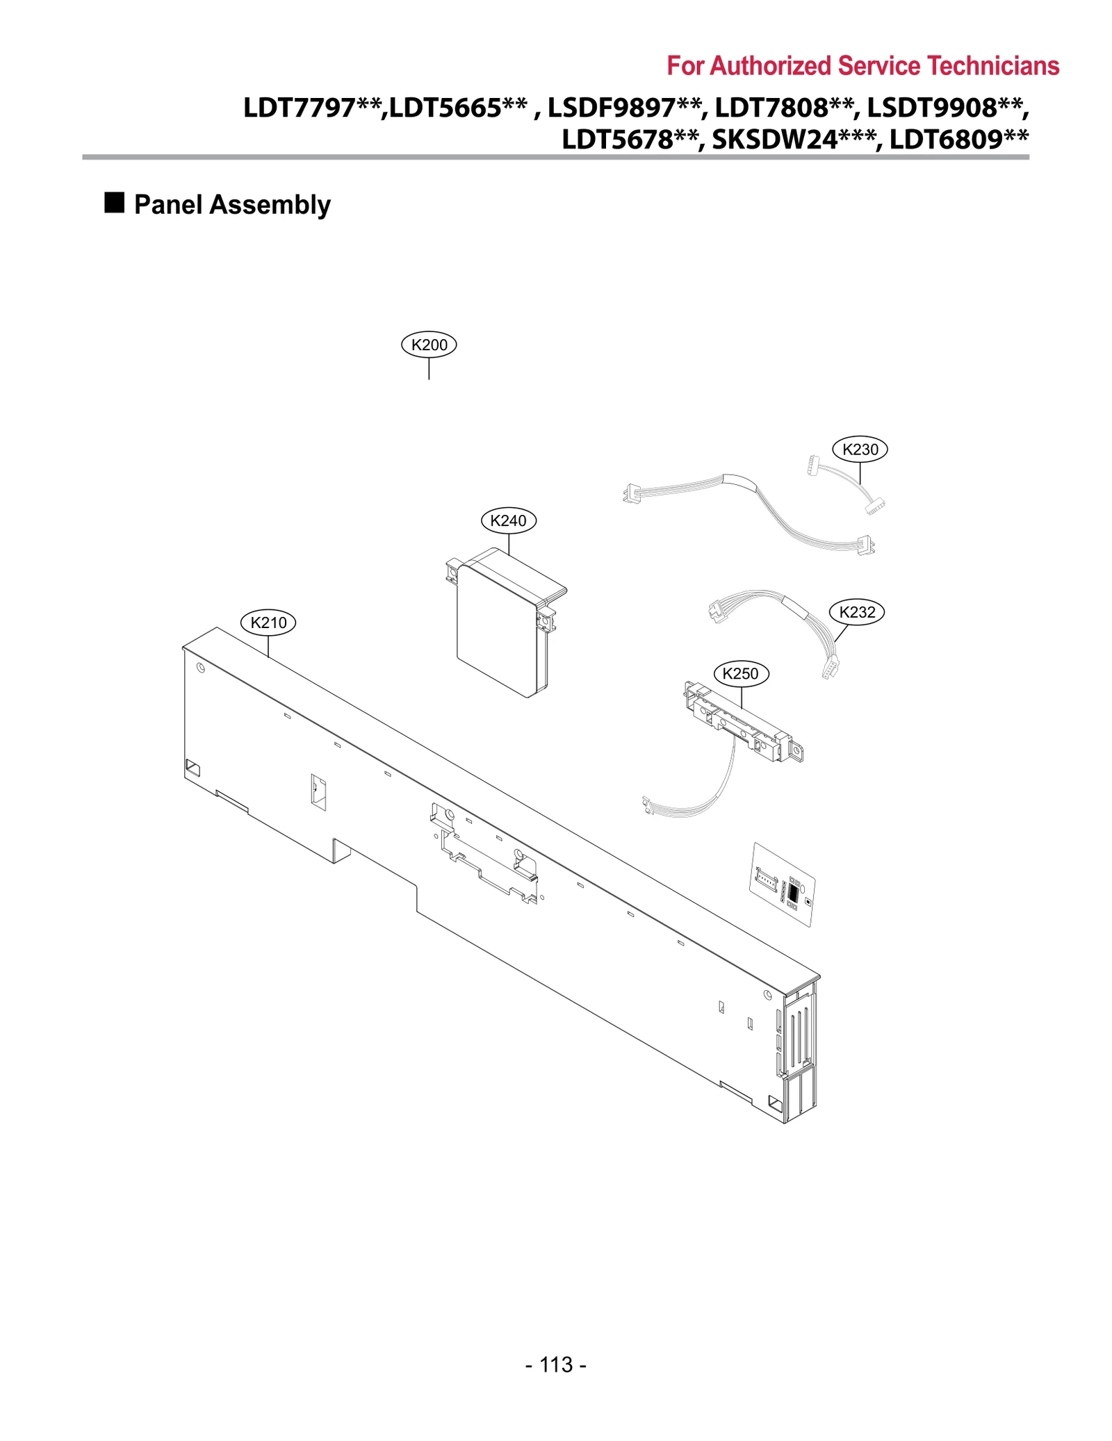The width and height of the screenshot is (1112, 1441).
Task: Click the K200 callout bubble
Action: [429, 345]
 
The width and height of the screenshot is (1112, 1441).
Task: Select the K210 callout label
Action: [268, 623]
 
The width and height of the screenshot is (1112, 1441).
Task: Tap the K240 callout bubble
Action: [508, 520]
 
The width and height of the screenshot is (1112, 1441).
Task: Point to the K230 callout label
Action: [860, 450]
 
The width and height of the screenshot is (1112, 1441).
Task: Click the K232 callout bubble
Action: [857, 612]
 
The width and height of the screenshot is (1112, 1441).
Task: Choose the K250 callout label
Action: [740, 673]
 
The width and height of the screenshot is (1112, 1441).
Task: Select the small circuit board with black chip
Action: [783, 884]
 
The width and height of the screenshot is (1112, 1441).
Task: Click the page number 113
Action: [555, 1365]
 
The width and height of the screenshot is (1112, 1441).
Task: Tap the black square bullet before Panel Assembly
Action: [114, 203]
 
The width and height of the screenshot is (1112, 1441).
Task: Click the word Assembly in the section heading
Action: [270, 205]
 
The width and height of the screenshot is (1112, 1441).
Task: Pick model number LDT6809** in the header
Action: [959, 140]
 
